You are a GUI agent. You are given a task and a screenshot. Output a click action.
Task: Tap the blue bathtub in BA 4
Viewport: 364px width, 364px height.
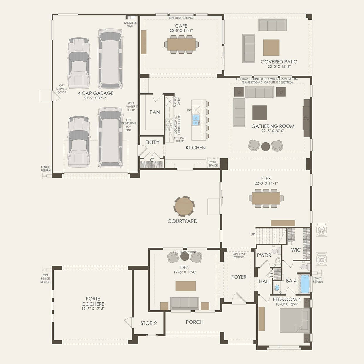[x=305, y=284]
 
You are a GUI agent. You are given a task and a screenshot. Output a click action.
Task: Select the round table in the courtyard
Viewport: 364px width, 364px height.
[x=184, y=206]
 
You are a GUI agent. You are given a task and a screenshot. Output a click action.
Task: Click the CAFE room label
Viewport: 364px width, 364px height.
[x=181, y=26]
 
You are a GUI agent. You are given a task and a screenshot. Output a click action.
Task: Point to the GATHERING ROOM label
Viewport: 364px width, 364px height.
[x=273, y=126]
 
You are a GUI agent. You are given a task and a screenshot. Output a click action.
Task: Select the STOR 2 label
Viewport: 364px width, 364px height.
[x=149, y=323]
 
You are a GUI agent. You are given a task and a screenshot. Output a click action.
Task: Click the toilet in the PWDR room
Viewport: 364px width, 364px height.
[x=275, y=252]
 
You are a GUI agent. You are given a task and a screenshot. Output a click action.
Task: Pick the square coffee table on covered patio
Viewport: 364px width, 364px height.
[x=271, y=48]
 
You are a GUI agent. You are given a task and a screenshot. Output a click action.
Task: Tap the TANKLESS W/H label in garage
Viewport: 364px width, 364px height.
[x=130, y=24]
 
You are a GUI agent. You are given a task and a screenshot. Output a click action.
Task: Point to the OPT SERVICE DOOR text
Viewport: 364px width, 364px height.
[x=62, y=89]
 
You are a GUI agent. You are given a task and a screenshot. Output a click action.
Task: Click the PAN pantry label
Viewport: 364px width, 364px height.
[x=155, y=112]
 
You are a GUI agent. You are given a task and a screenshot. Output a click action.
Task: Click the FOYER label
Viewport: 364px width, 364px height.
[x=239, y=277]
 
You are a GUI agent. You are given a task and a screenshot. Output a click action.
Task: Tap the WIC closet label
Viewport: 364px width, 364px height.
[x=296, y=250]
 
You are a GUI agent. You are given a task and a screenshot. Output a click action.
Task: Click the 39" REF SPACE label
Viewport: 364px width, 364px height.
[x=213, y=164]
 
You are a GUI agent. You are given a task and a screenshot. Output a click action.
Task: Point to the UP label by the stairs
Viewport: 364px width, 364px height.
[x=253, y=235]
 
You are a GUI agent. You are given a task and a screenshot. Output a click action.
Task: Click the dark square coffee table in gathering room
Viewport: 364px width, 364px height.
[x=260, y=113]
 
